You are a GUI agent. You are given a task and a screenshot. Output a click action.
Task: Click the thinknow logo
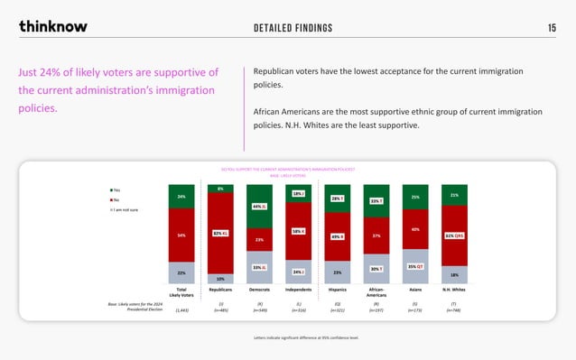click(53, 26)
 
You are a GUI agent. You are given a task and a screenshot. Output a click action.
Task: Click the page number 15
click(552, 27)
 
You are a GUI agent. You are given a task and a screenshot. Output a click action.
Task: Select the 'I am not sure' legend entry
click(123, 208)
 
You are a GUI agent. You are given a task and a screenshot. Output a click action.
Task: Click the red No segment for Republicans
click(220, 232)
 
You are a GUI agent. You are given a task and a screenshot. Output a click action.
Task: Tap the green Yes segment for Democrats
click(259, 206)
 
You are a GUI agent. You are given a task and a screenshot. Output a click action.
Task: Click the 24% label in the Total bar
click(181, 196)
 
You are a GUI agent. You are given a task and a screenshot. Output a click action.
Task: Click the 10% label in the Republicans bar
click(220, 279)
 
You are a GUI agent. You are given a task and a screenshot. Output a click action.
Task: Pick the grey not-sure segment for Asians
click(415, 267)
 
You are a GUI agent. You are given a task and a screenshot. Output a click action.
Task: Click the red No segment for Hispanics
click(337, 236)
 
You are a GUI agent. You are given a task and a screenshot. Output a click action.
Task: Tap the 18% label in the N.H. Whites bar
click(454, 274)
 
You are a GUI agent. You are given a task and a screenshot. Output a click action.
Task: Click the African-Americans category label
click(376, 294)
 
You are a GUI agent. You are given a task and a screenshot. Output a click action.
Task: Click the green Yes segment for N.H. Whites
click(454, 194)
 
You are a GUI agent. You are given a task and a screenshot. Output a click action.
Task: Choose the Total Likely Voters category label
click(181, 294)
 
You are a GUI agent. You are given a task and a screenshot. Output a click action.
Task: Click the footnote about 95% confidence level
click(287, 337)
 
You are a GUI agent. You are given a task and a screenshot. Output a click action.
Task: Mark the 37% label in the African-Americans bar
click(376, 235)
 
